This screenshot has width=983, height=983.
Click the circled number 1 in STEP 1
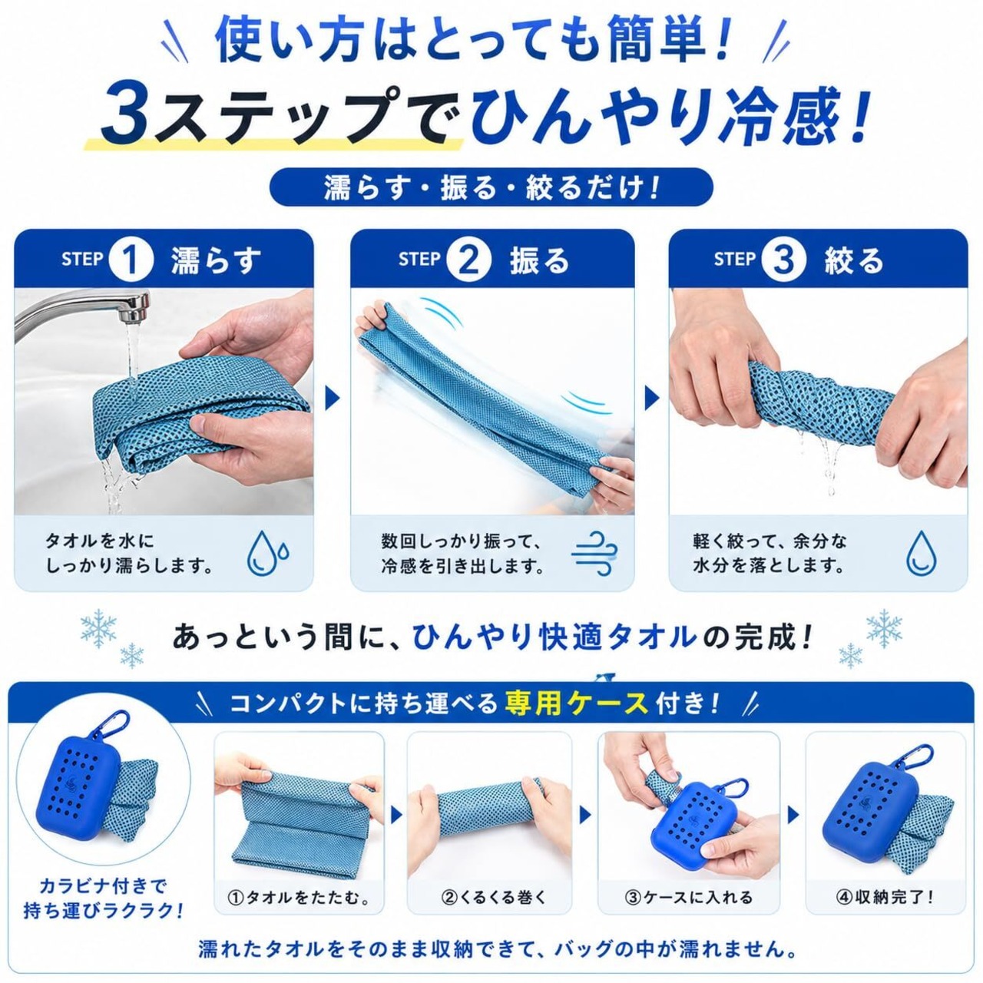pyautogui.click(x=131, y=260)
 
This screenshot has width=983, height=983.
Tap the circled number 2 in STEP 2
pyautogui.click(x=468, y=260)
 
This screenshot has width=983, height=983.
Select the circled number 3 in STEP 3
pyautogui.click(x=784, y=260)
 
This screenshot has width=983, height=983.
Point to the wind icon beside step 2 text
pyautogui.click(x=595, y=554)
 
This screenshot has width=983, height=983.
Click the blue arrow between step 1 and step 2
pyautogui.click(x=332, y=399)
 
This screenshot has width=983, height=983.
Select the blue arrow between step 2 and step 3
pyautogui.click(x=651, y=399)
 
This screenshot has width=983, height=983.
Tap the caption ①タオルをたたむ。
pyautogui.click(x=300, y=912)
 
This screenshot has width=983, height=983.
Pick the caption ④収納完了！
pyautogui.click(x=885, y=912)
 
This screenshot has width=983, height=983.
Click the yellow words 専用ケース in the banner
pyautogui.click(x=576, y=704)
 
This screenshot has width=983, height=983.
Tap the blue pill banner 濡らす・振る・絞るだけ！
pyautogui.click(x=491, y=187)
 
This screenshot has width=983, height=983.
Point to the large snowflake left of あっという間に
pyautogui.click(x=98, y=627)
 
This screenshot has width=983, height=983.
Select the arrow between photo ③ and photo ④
pyautogui.click(x=793, y=815)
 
